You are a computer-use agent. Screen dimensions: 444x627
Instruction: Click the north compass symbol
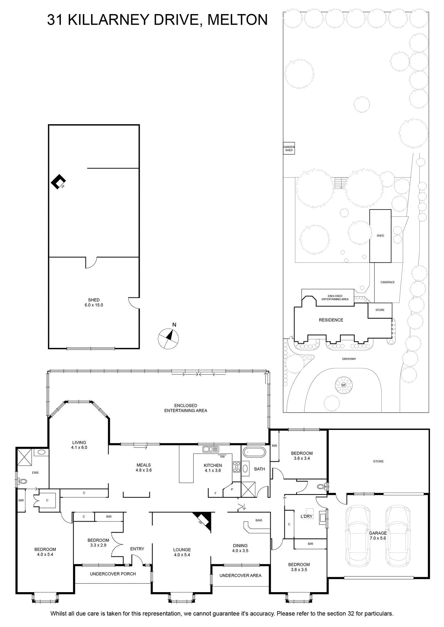tap(168, 338)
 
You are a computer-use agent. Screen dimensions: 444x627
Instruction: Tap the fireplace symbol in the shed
tap(58, 181)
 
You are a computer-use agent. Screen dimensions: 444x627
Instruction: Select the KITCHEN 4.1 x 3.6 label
tap(213, 468)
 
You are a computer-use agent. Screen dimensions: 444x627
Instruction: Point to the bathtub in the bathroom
tap(254, 452)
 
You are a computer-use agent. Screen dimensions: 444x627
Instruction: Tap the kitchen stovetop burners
tap(237, 467)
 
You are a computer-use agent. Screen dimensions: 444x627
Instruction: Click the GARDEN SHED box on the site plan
tap(289, 149)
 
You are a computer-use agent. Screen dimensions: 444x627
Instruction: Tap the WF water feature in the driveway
tap(344, 385)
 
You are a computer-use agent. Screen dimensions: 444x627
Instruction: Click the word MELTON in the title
tap(238, 20)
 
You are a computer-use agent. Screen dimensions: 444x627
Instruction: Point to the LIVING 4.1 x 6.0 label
tap(79, 445)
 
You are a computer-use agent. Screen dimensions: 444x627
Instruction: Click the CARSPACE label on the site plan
tap(388, 282)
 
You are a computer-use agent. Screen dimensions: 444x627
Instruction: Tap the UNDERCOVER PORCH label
tap(113, 574)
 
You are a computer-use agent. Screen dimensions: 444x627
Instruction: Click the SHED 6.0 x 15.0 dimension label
tap(94, 302)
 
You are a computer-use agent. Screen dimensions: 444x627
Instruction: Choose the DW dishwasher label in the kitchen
tap(222, 457)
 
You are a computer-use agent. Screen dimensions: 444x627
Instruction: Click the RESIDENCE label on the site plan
tap(331, 320)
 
